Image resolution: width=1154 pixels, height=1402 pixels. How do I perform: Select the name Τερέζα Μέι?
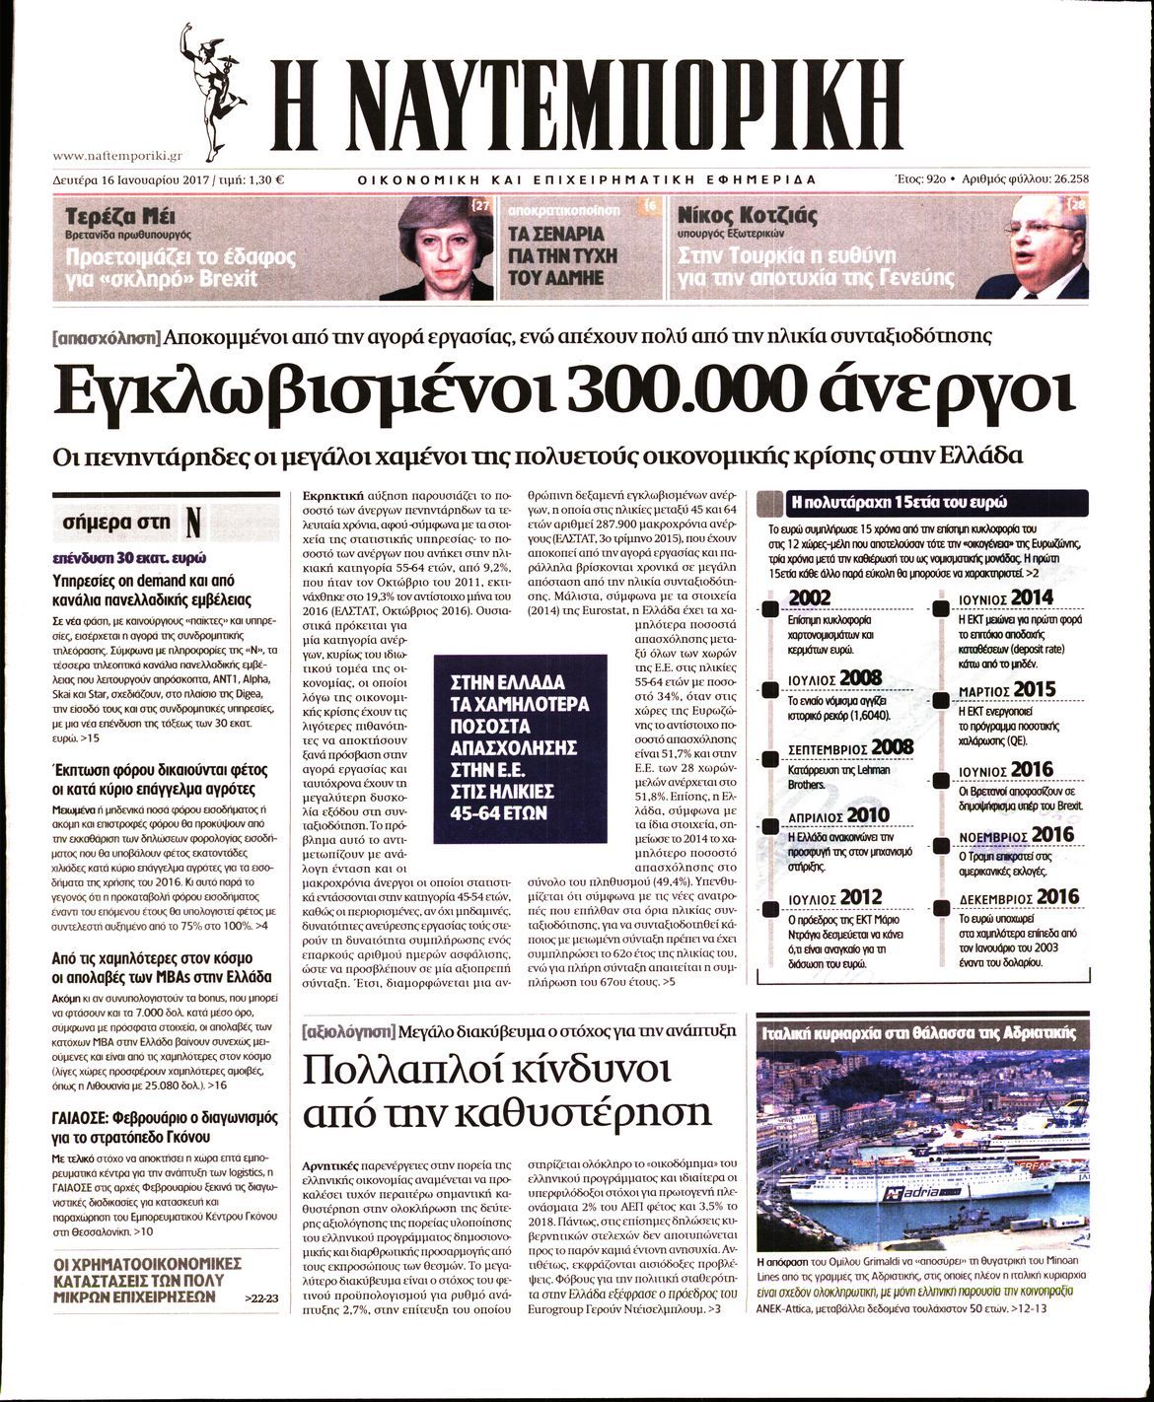(x=114, y=216)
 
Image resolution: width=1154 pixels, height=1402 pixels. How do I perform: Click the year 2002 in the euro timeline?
(x=810, y=597)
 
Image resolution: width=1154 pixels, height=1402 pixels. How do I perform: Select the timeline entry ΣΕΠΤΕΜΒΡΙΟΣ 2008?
(x=851, y=748)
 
